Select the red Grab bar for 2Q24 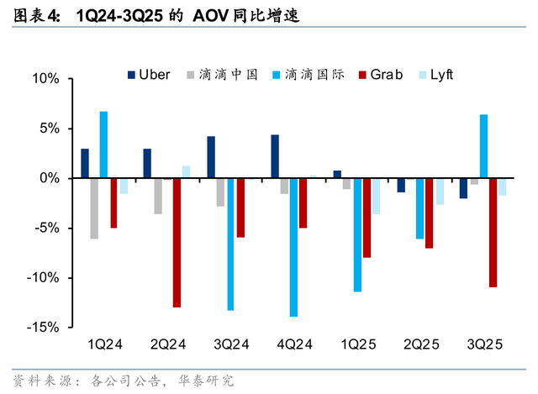(177, 243)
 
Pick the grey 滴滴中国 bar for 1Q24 (94, 208)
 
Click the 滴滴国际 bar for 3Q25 (483, 146)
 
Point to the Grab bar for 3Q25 (493, 233)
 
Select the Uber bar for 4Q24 (275, 156)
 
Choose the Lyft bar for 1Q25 (376, 196)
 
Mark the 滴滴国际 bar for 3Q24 (230, 244)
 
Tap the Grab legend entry (381, 74)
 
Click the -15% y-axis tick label (43, 328)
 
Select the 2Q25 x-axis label (420, 344)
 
